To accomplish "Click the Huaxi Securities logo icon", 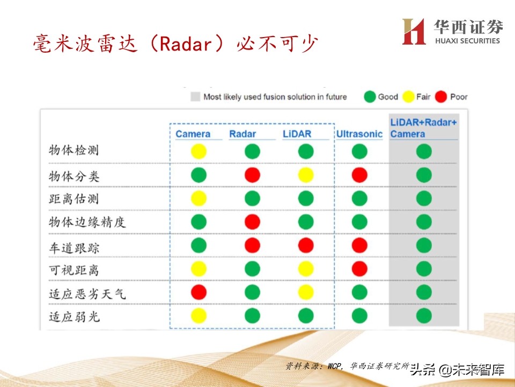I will coord(414,31).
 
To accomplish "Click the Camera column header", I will coord(193,134).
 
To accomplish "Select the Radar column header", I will coord(242,134).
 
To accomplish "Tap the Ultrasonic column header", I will coord(359,134).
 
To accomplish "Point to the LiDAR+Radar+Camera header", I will coord(423,128).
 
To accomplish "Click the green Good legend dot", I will coord(370,97).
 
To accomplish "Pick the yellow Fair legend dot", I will coord(408,97).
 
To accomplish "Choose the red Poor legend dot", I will coord(442,97).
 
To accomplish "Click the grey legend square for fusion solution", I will coord(195,97).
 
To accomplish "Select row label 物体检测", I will coord(73,151).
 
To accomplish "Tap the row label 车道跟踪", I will coord(73,248).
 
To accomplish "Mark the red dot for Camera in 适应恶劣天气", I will coord(198,292).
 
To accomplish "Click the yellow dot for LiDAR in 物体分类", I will coord(306,175).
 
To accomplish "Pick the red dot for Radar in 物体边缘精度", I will coord(252,221).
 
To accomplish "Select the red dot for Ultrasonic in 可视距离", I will coord(359,269).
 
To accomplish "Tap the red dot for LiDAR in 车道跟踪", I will coord(306,246).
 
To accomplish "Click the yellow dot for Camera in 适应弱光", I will coord(198,316).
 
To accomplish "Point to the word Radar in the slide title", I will coord(182,43).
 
